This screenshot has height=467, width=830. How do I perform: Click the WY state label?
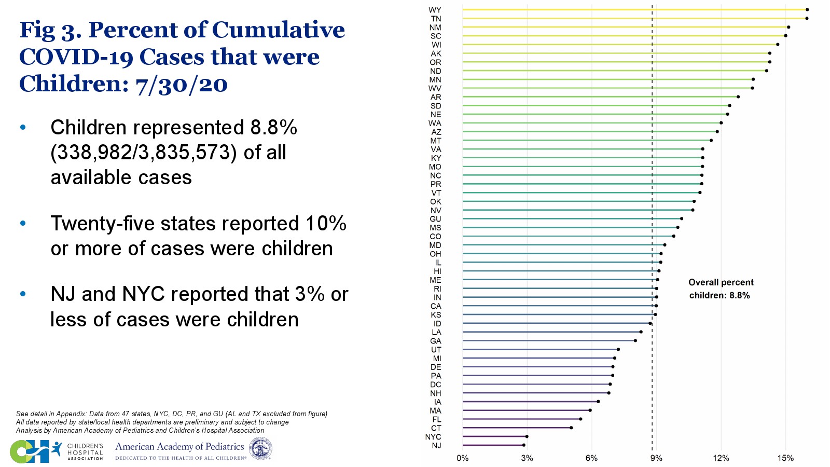click(435, 10)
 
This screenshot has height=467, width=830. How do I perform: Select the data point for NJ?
click(523, 445)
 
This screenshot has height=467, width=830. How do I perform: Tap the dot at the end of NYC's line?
click(527, 436)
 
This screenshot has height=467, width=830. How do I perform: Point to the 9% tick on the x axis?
click(656, 458)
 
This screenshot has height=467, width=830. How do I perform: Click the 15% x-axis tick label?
click(785, 458)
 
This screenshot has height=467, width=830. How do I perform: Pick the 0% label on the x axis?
click(462, 458)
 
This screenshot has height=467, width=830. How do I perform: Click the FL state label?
click(437, 419)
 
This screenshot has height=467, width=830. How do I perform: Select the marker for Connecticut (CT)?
click(571, 428)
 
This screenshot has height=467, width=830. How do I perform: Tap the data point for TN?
click(807, 18)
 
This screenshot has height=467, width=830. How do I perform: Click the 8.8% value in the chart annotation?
click(740, 295)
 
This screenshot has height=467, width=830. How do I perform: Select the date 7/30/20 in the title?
click(182, 84)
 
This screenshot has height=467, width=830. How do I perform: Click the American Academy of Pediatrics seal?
click(260, 449)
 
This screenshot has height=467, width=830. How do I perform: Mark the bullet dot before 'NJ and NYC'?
click(23, 294)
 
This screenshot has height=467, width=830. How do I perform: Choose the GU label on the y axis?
click(435, 219)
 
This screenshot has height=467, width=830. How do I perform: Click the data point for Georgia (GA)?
click(635, 340)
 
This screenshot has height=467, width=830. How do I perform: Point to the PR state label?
click(436, 184)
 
